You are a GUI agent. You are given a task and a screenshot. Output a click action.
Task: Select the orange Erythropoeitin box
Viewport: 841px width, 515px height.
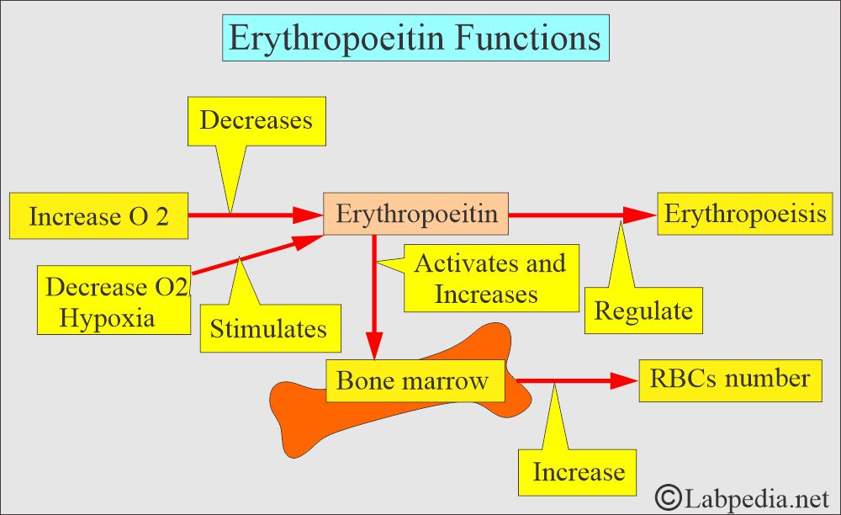click(416, 215)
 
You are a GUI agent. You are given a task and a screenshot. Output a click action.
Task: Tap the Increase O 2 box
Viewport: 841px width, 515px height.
click(98, 216)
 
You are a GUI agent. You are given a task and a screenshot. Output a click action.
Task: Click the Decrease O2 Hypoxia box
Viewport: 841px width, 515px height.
click(114, 300)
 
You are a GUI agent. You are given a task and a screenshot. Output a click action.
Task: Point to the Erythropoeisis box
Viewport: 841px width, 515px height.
click(745, 214)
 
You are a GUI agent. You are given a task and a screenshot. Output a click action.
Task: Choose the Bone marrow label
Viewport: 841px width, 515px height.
click(412, 380)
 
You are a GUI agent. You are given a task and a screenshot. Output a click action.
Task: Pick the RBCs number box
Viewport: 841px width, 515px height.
click(729, 379)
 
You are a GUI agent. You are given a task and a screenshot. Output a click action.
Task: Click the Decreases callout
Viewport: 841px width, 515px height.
click(256, 119)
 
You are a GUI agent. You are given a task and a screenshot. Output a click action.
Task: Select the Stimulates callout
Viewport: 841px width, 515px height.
click(268, 327)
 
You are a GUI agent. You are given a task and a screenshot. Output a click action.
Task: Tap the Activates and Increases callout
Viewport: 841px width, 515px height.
click(490, 279)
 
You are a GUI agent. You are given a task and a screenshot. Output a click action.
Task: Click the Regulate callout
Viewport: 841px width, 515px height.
click(643, 311)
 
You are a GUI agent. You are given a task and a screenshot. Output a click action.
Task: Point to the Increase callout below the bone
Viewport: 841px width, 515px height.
click(579, 471)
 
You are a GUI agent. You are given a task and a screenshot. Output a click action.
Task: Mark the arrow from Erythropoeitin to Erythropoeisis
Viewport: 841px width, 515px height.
click(580, 215)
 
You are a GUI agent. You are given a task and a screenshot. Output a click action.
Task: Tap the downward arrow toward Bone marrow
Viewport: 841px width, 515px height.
click(374, 295)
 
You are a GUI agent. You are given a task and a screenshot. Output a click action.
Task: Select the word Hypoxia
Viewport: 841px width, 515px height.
click(108, 318)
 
